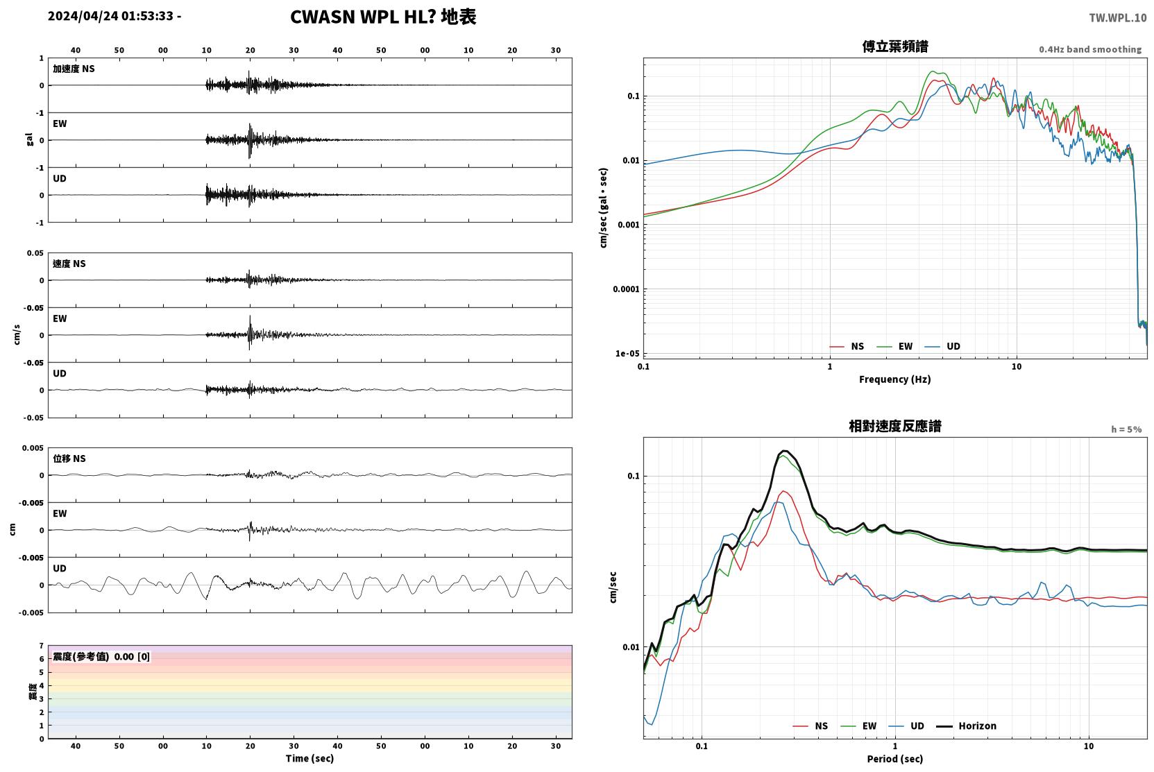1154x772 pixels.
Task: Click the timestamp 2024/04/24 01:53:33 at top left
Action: coord(111,16)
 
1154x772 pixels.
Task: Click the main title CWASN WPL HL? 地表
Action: coord(383,17)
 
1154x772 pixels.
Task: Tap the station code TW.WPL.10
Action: coord(1117,18)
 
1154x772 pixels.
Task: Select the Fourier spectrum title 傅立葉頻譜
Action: coord(895,46)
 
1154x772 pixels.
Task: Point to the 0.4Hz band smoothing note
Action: coord(1089,49)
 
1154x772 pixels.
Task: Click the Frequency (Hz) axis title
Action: coord(894,379)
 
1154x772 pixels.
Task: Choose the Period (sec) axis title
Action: coord(894,759)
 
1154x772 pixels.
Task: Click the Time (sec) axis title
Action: coord(309,758)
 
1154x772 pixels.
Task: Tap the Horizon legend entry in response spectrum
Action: coord(977,726)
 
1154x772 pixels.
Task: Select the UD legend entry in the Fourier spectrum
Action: coord(953,346)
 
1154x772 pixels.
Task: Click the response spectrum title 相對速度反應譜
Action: coord(895,426)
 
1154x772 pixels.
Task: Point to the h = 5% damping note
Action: coord(1126,429)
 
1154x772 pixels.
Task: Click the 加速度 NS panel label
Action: coord(74,69)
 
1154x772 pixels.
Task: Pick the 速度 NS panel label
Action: coord(69,264)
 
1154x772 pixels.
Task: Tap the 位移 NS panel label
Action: coord(69,458)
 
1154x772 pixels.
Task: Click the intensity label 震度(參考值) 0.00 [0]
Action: coord(101,657)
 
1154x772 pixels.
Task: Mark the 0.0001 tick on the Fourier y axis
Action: coord(625,289)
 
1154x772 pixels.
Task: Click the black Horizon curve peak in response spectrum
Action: coord(784,451)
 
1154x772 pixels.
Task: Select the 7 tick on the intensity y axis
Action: coord(42,645)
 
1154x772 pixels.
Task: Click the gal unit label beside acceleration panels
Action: coord(29,139)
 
